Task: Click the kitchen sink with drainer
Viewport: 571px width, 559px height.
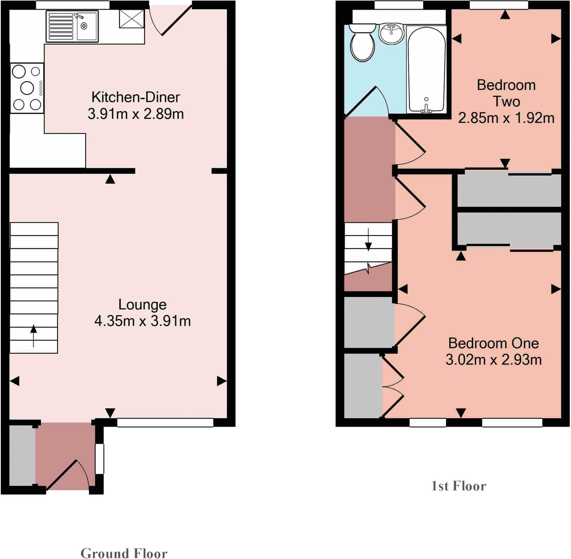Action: (72, 26)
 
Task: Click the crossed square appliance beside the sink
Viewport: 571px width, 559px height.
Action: (132, 19)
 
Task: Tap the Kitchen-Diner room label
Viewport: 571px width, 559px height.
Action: (136, 97)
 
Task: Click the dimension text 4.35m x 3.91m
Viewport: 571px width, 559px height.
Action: (142, 321)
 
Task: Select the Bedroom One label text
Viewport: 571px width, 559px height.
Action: (493, 343)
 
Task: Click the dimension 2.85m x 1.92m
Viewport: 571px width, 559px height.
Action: (506, 118)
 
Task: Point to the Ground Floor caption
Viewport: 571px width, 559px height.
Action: (124, 553)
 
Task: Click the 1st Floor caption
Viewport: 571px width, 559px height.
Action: (458, 486)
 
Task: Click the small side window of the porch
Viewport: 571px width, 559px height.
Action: (100, 458)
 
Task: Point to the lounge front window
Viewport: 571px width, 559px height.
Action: (165, 422)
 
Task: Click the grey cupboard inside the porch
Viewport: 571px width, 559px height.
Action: (22, 455)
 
